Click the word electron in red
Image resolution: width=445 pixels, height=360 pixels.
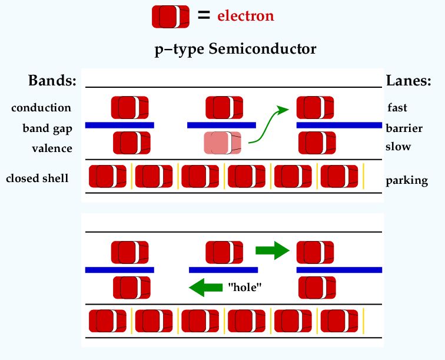point(246,16)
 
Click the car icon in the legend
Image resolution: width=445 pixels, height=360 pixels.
point(171,16)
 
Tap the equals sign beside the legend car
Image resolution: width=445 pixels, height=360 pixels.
point(204,15)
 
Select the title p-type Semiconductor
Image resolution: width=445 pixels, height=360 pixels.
point(235,49)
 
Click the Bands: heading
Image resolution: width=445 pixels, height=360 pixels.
point(52,80)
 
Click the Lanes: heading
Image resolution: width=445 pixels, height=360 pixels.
point(409,81)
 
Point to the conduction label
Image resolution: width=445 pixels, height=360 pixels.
point(41,108)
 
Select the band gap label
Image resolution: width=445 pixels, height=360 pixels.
point(48,128)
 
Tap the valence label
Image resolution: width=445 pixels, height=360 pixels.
point(52,148)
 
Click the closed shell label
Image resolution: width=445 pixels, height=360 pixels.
point(37,178)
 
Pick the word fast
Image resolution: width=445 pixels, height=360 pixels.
point(397,107)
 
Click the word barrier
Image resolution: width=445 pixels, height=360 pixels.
point(404,128)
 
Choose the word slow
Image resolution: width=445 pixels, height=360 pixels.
point(398,147)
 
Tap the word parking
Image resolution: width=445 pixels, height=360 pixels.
point(407,181)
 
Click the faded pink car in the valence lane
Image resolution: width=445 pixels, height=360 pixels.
point(222,143)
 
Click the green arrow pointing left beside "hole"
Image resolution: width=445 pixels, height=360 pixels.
point(206,288)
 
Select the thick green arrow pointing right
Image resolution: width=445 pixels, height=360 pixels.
point(273,250)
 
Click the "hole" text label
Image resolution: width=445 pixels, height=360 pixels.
point(245,288)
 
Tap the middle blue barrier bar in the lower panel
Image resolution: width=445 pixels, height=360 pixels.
point(223,270)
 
